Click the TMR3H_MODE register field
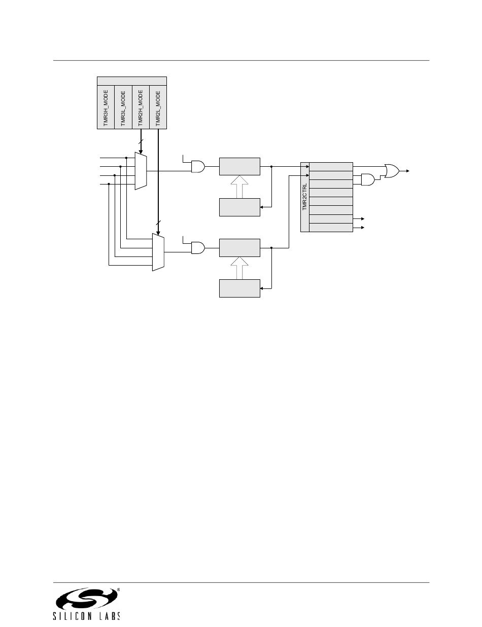[106, 107]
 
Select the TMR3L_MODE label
[123, 107]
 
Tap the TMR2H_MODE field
[141, 107]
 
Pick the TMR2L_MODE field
[158, 107]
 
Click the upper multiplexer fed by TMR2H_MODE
[141, 171]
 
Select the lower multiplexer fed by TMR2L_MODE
[158, 252]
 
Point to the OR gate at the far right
[392, 171]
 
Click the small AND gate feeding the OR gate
[367, 179]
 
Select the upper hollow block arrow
[239, 186]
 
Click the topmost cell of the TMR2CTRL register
[331, 167]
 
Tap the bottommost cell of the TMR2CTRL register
[331, 228]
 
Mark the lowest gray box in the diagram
[239, 288]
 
